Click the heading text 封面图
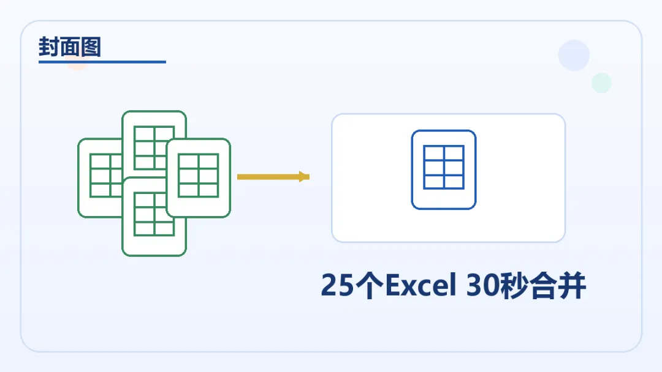click(69, 47)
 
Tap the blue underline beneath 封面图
click(102, 62)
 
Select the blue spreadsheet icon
click(443, 169)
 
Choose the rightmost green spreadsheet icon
click(199, 177)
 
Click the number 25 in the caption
click(337, 286)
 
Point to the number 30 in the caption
click(482, 286)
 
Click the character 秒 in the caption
click(512, 286)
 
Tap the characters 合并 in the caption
click(558, 286)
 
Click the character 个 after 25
click(368, 286)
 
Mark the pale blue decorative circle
click(574, 56)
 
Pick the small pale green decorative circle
click(601, 83)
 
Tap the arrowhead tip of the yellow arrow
click(307, 177)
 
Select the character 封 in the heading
click(48, 47)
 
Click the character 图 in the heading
click(90, 47)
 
